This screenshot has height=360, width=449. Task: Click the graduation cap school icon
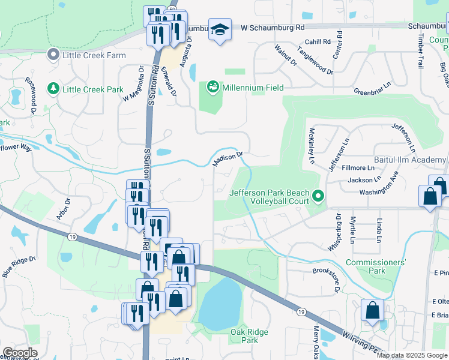(x=220, y=30)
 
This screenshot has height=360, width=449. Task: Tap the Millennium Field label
(x=252, y=88)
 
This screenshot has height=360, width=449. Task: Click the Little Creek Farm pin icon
(x=53, y=55)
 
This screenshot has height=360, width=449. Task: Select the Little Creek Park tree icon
(x=53, y=89)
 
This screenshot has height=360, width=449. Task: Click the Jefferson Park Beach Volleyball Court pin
(x=319, y=196)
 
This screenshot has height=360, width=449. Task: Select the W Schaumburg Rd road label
(x=273, y=28)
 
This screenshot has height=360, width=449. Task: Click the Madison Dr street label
(x=228, y=158)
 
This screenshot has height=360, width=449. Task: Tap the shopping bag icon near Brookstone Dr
(x=372, y=311)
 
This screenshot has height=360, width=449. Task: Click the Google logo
(x=20, y=353)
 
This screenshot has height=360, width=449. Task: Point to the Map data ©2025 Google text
(x=412, y=355)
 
